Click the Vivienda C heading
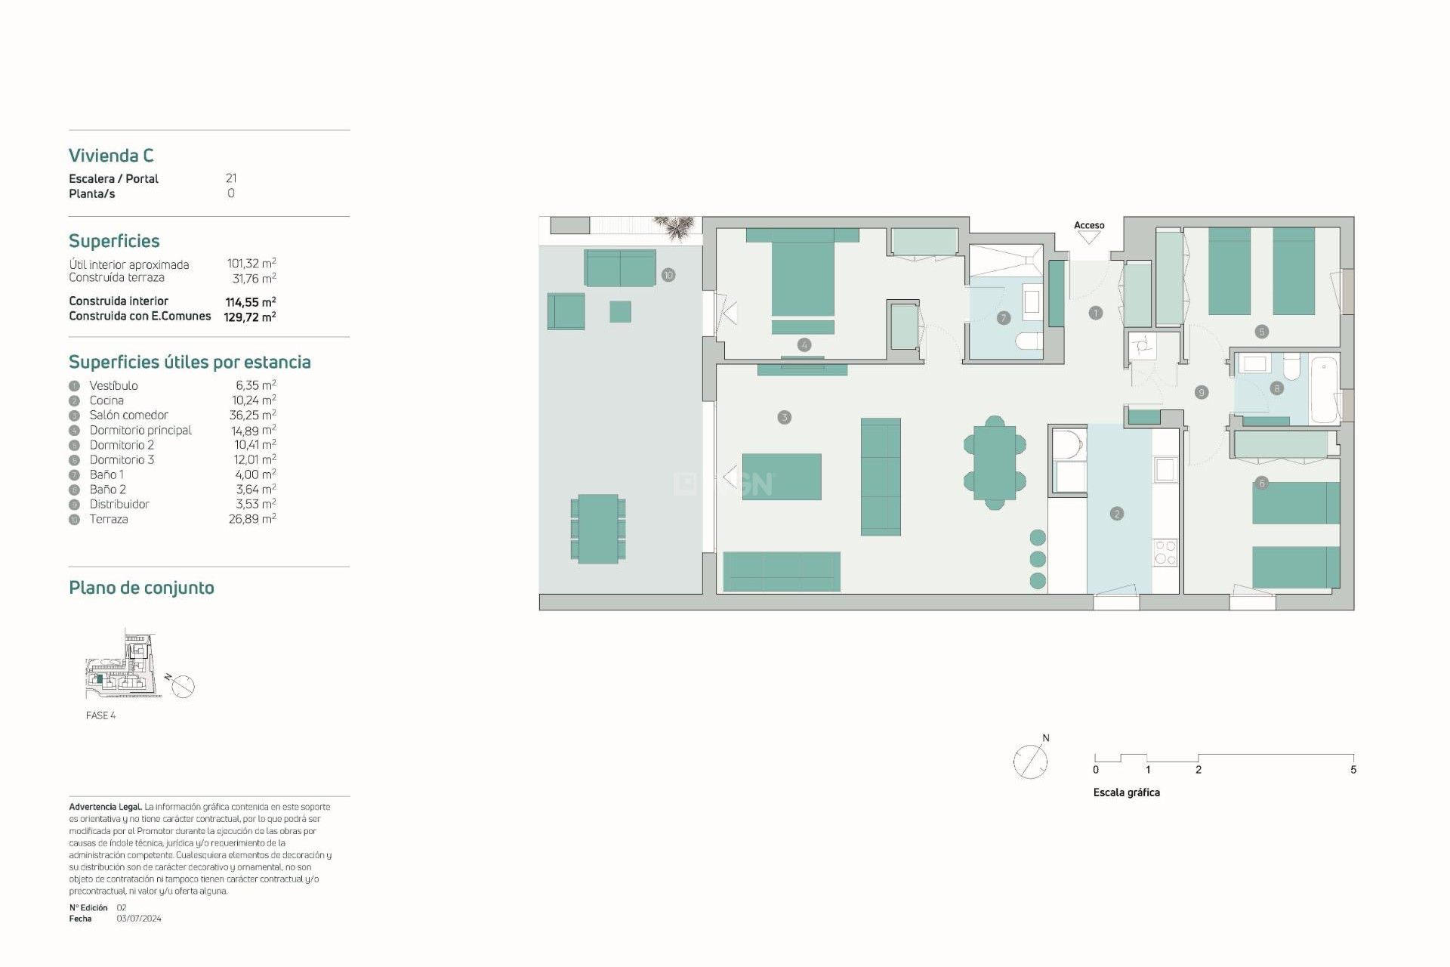click(x=111, y=156)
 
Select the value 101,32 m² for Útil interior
click(x=251, y=264)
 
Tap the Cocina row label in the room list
click(x=106, y=400)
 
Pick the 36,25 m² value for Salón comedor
click(x=252, y=415)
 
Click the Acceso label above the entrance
click(x=1089, y=225)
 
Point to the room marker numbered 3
click(x=785, y=417)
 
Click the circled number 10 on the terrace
click(x=668, y=275)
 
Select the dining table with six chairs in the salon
click(x=995, y=463)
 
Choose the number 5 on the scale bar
click(x=1353, y=770)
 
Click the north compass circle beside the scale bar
click(x=1030, y=762)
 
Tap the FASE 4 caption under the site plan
click(x=100, y=715)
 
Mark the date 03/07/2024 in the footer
click(x=139, y=919)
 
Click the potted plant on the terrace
click(x=674, y=227)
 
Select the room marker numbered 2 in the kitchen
click(x=1117, y=514)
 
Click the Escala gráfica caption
click(x=1126, y=792)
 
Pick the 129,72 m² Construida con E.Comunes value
click(x=249, y=317)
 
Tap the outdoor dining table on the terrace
click(x=598, y=529)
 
